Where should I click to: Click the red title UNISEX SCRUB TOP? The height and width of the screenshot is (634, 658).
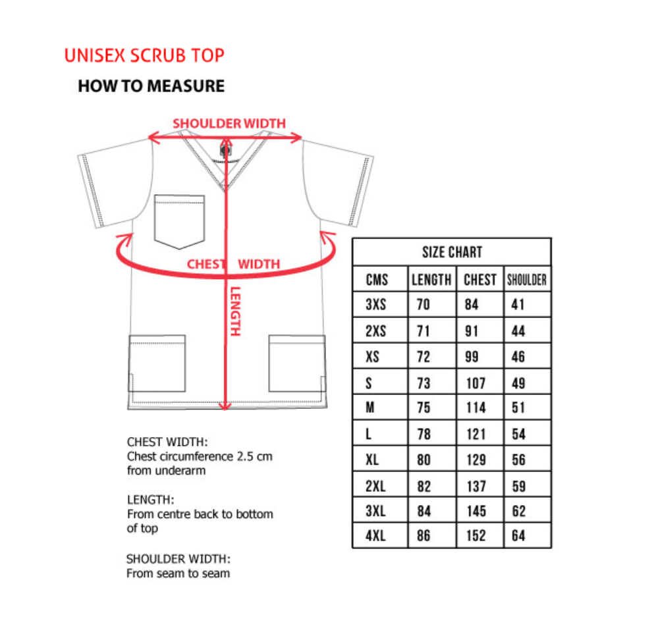144,56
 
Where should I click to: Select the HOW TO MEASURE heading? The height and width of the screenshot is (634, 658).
151,86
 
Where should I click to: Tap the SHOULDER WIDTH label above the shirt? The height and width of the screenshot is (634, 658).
229,123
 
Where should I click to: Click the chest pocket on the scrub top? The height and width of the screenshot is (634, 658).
179,221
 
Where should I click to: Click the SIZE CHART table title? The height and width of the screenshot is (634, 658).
452,252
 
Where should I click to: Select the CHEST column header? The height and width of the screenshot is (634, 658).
480,280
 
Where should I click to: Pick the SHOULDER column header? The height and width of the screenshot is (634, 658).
527,280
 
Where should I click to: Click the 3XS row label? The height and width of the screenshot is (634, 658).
376,305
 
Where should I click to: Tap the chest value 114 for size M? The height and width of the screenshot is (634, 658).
476,408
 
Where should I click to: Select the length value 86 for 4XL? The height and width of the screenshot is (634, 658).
424,536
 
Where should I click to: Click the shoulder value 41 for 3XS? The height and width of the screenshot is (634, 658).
518,305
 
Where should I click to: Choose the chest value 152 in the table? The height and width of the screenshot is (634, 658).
476,536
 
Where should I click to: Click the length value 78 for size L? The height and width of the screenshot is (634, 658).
424,434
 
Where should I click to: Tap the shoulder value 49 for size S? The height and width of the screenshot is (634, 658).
518,383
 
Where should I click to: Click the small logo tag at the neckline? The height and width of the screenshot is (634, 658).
225,151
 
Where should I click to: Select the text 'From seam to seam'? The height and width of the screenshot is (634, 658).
178,573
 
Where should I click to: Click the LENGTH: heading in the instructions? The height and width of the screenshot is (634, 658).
151,500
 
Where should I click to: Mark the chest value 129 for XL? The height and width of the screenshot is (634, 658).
476,460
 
